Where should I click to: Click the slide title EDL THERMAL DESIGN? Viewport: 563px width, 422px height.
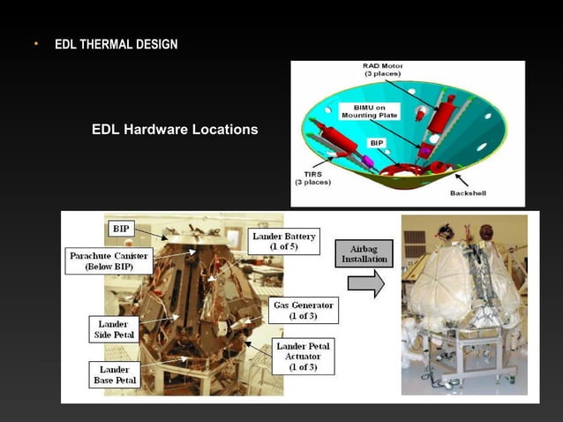click(x=116, y=44)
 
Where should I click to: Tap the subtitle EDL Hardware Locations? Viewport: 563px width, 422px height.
click(x=175, y=130)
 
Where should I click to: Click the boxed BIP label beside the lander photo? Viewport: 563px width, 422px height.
click(x=120, y=228)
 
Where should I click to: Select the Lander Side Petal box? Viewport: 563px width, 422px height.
click(x=109, y=329)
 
